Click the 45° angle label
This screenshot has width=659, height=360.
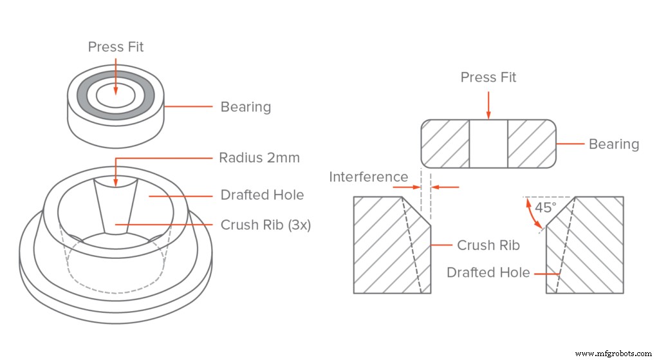pos(546,208)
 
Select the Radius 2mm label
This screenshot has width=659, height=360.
pos(259,158)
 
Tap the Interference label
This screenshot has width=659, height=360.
pos(368,176)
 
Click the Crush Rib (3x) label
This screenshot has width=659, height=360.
pos(266,225)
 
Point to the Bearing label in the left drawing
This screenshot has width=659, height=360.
pos(245,107)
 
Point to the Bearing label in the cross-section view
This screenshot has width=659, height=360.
pos(613,144)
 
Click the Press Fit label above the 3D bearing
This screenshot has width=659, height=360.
pos(115,47)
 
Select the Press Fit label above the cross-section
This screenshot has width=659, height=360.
pos(488,78)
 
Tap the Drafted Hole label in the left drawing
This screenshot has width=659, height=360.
pos(262,194)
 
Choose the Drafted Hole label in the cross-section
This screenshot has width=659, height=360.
pos(488,272)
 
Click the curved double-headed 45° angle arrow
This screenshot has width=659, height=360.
pos(534,216)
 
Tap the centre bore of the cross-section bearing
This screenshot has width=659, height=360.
pos(488,144)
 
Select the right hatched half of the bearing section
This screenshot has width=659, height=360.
pos(532,144)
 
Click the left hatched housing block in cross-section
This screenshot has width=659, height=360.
pos(386,245)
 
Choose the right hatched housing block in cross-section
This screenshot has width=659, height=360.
pos(592,245)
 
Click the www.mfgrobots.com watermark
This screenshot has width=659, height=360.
pos(614,354)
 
